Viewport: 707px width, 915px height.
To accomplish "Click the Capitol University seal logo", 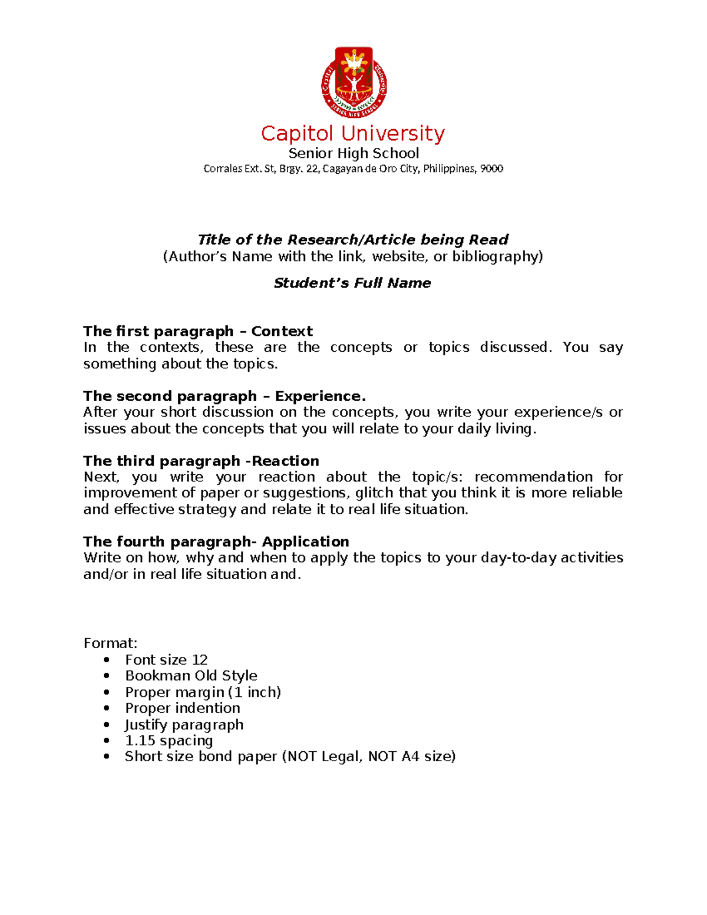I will click(353, 82).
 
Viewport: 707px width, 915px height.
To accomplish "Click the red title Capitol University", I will click(352, 134).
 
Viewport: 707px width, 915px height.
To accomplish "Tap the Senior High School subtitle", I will click(353, 154).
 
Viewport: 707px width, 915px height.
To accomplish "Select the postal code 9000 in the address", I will click(491, 169).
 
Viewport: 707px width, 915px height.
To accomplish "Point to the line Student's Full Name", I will click(352, 283).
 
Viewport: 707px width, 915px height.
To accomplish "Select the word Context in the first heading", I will click(282, 331).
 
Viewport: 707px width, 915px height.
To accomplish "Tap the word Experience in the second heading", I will click(320, 396).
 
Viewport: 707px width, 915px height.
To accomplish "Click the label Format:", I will click(110, 643).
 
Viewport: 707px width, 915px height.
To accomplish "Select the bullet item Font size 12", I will click(166, 660).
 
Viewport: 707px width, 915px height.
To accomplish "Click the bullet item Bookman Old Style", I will click(191, 676).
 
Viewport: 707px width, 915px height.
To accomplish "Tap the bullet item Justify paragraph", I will click(184, 725).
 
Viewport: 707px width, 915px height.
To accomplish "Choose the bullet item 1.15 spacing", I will click(169, 741).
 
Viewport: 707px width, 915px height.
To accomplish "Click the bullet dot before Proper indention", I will click(107, 709).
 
